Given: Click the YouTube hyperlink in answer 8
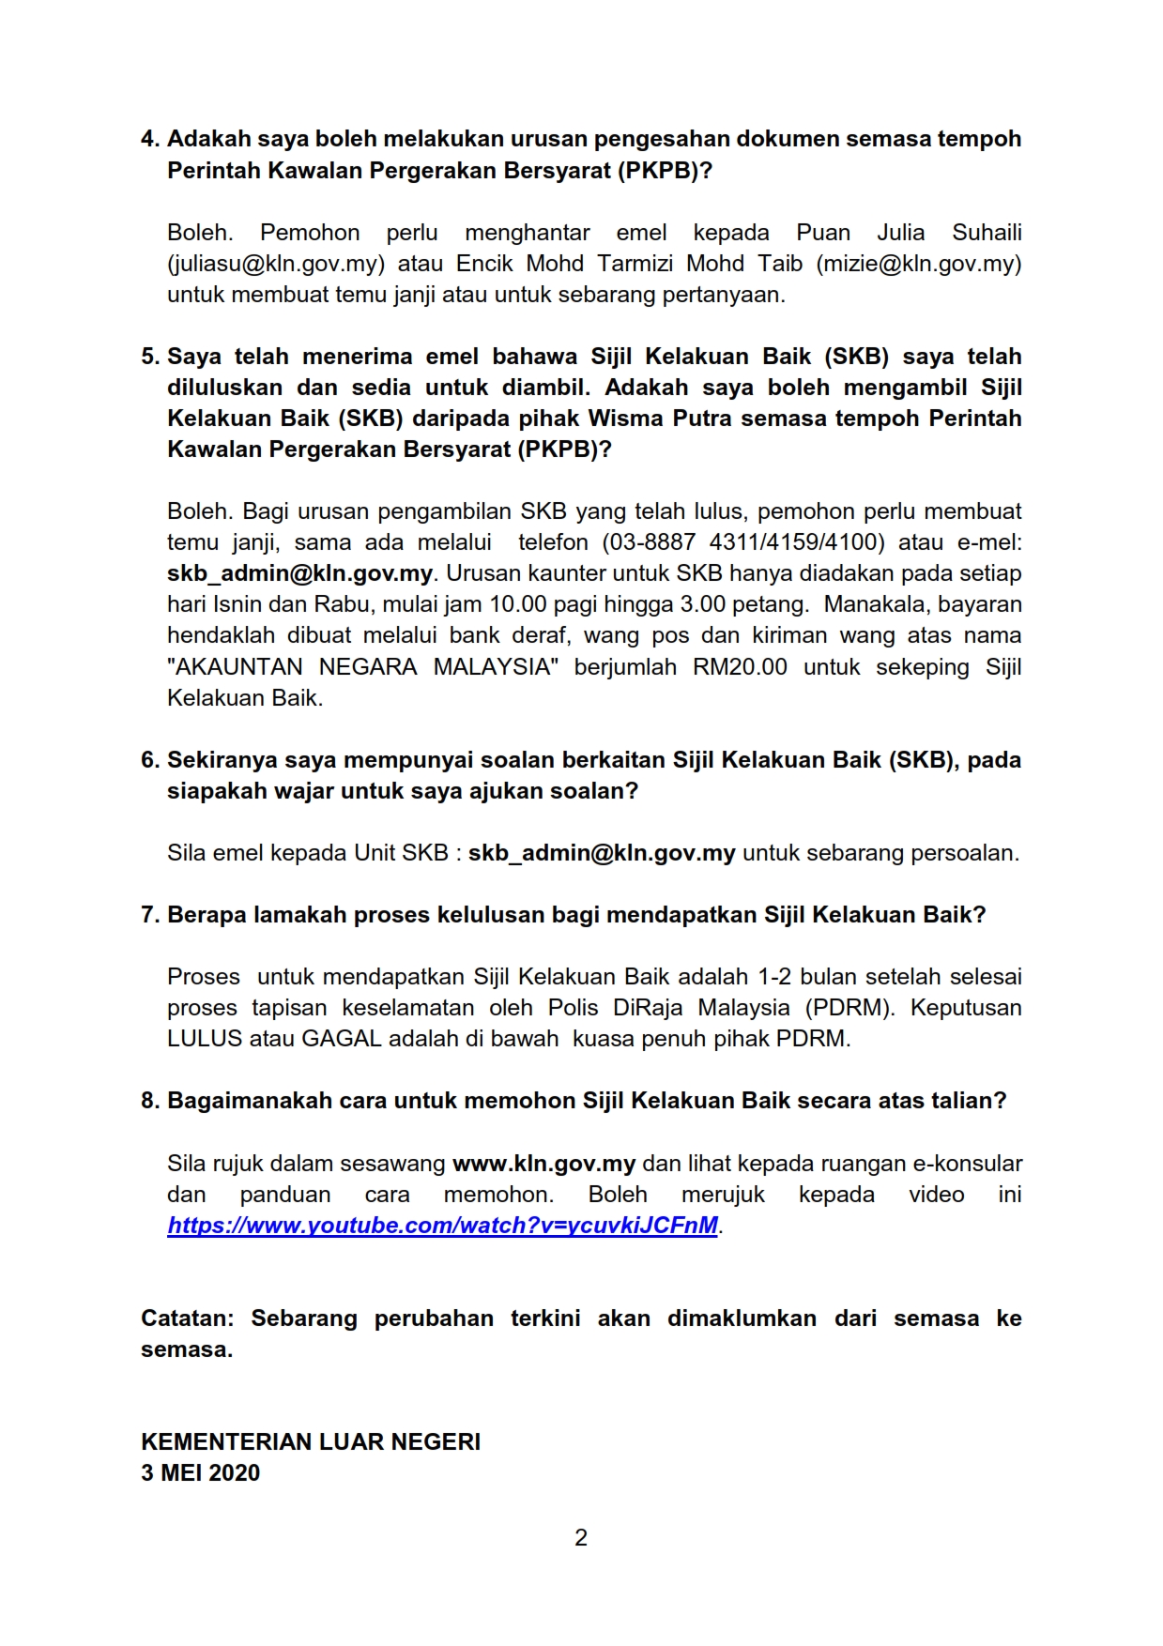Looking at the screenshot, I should (442, 1226).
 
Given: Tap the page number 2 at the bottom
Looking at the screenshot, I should (581, 1537).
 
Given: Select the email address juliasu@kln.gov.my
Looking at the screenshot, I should (276, 264).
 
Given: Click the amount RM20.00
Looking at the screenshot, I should (740, 667).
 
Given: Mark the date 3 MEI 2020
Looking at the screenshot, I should (200, 1473).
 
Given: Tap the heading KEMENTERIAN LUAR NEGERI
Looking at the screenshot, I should (311, 1442).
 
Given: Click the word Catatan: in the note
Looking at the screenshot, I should (187, 1318).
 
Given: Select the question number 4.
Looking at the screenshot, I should (150, 139).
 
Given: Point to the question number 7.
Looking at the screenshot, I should (150, 915).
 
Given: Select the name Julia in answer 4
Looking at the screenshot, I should (900, 233).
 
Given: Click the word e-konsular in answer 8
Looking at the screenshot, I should (968, 1164).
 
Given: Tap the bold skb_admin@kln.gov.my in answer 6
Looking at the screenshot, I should (602, 853).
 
